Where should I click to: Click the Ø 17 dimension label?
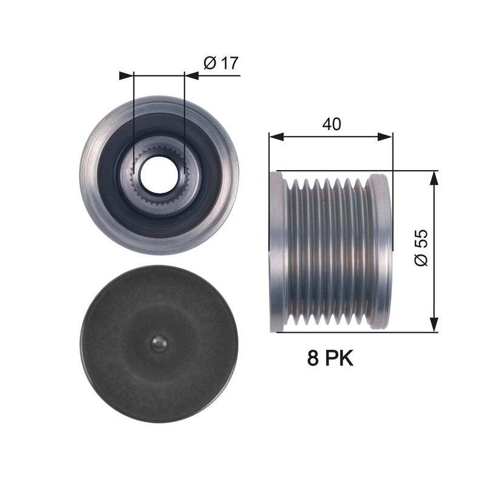point(221,63)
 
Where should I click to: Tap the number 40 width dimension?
point(332,124)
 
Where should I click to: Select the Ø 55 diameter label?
point(421,248)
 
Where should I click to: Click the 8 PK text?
point(330,358)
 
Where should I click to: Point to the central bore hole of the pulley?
point(159,175)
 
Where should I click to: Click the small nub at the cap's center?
point(160,344)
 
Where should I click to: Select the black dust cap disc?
point(159,344)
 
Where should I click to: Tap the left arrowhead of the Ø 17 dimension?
point(126,76)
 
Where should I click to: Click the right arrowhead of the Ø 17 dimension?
point(191,76)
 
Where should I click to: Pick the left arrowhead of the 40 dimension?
point(276,136)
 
